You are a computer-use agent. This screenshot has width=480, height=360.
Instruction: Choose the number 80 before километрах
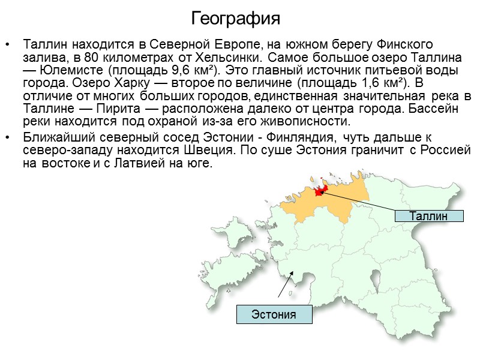pyautogui.click(x=92, y=59)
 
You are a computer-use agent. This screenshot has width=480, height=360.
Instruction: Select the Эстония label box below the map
pyautogui.click(x=274, y=314)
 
